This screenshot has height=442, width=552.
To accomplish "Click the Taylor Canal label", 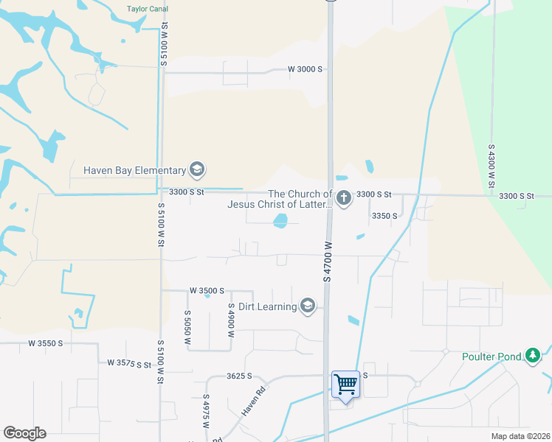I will tap(147, 9).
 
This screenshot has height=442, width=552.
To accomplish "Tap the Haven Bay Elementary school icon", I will tap(196, 170).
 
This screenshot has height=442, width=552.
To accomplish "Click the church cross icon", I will tap(343, 197).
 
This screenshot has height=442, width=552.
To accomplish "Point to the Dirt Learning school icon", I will tap(308, 306).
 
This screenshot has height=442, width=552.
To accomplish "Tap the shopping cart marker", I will tap(345, 384).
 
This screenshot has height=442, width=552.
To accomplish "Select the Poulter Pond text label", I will tap(489, 357).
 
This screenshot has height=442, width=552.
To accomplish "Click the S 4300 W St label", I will tap(491, 165).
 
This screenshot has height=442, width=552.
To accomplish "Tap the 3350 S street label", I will tap(384, 216).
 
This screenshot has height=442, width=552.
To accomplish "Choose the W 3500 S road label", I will tap(207, 291).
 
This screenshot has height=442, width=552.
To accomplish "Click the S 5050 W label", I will tap(187, 328).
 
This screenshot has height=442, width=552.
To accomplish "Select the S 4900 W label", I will tap(231, 320).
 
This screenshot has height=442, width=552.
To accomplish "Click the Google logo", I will tap(24, 433).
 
